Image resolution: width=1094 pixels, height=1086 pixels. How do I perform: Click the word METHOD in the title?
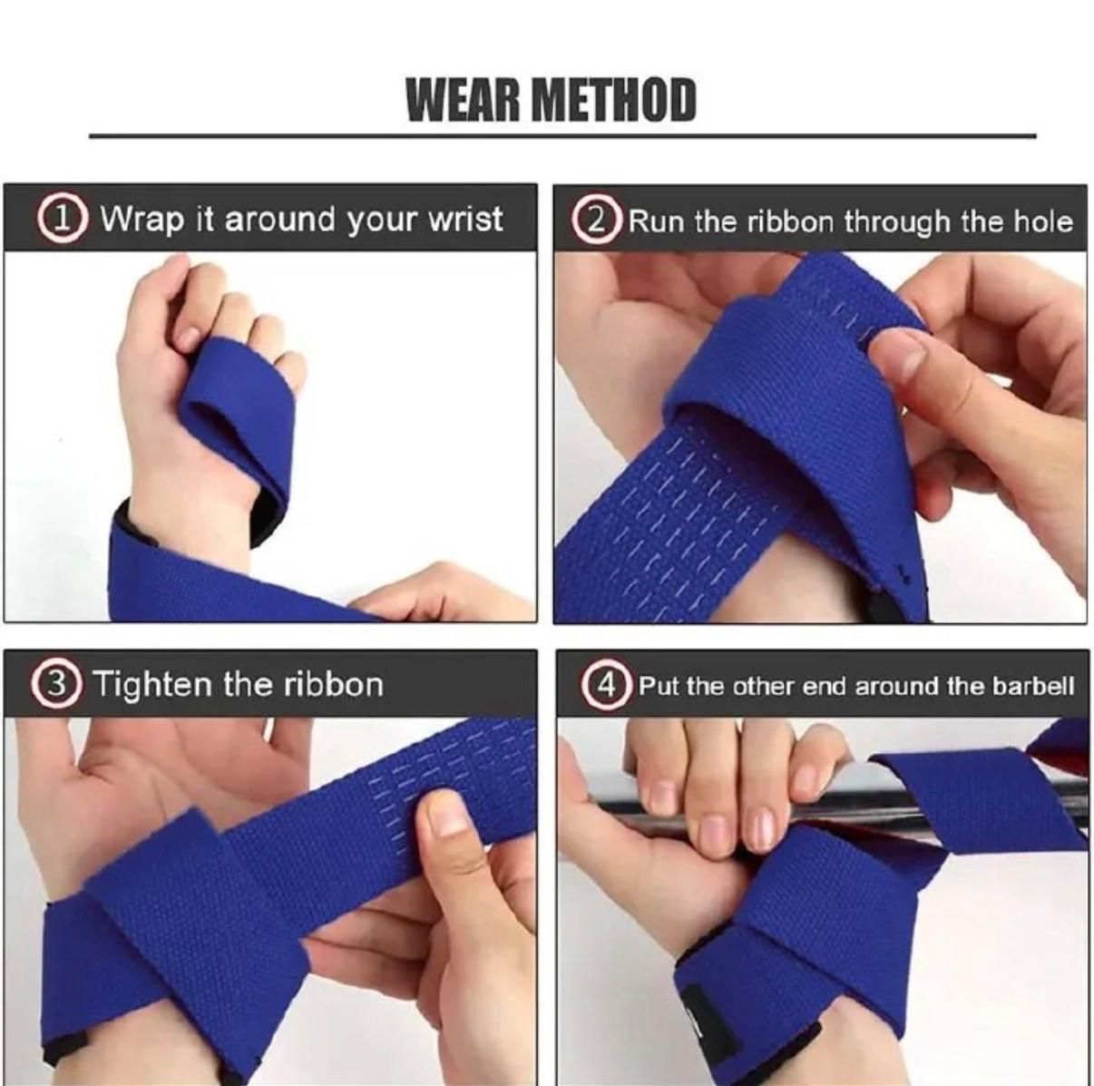[x=613, y=100]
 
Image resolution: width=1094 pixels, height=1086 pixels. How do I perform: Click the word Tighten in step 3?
[x=152, y=683]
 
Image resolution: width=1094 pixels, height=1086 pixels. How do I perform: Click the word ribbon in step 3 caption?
[x=334, y=683]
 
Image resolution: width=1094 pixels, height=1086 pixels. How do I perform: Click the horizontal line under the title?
[x=562, y=136]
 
